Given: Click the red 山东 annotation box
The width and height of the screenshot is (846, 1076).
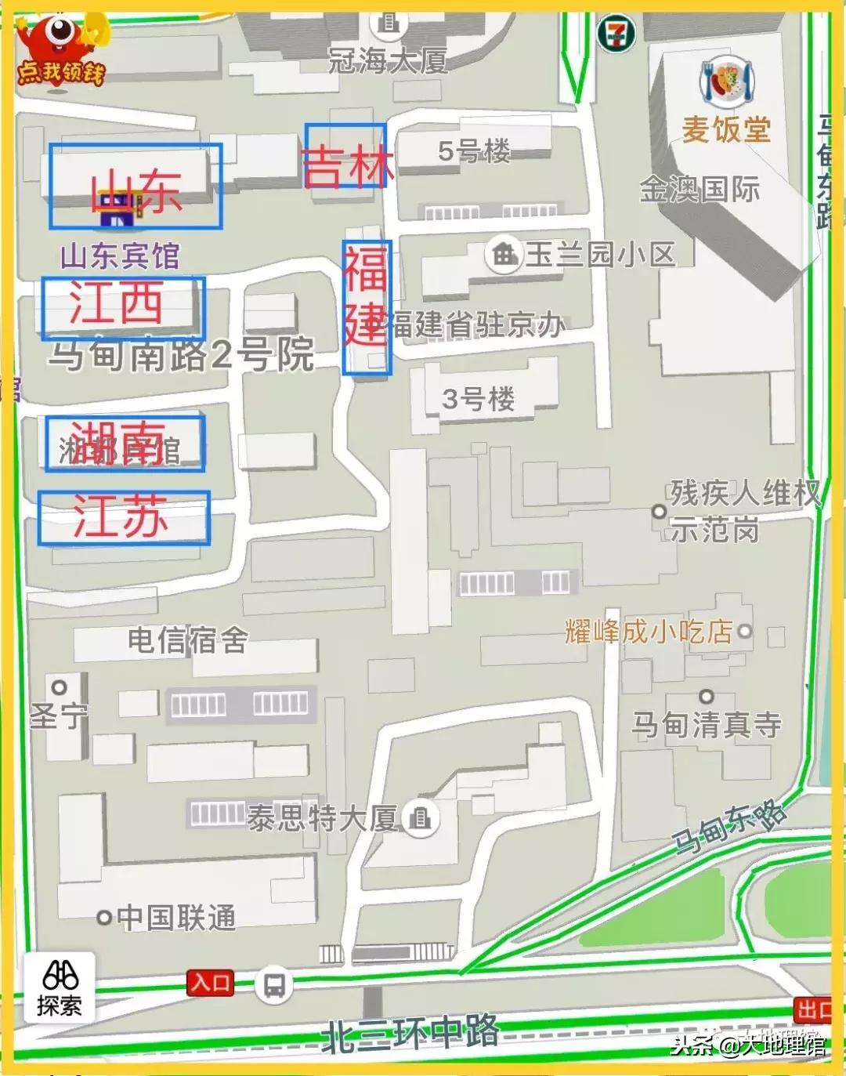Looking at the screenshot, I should [135, 187].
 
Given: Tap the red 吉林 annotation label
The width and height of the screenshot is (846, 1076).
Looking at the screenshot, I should [345, 156].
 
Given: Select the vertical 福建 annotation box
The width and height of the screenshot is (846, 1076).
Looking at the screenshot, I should [366, 307].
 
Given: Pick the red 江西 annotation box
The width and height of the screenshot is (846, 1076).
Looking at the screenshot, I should [123, 307].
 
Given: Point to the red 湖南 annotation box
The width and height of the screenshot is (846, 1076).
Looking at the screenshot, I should [125, 444].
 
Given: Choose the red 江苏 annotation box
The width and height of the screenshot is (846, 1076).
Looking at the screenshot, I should [124, 518].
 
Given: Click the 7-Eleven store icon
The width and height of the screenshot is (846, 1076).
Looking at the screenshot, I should [615, 34].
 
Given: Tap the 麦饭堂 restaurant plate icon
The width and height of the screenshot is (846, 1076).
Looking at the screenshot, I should [727, 83].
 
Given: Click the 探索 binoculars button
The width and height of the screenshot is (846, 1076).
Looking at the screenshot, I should [60, 987].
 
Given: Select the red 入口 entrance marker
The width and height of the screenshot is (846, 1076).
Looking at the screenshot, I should [210, 983].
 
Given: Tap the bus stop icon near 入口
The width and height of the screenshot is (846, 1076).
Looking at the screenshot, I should [273, 984].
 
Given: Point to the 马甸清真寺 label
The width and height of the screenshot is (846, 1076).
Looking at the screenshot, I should [707, 725].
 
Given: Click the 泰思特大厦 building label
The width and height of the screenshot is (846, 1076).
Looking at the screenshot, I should [323, 819].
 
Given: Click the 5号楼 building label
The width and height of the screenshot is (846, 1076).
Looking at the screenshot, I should [474, 150].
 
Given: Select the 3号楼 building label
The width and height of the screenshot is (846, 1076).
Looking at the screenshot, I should [478, 400].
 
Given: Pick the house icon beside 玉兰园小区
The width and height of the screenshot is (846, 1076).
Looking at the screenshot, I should [504, 254].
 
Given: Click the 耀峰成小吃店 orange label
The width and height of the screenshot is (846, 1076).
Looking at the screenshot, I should [649, 631].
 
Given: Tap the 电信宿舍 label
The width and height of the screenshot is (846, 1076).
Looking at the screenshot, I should [188, 640].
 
